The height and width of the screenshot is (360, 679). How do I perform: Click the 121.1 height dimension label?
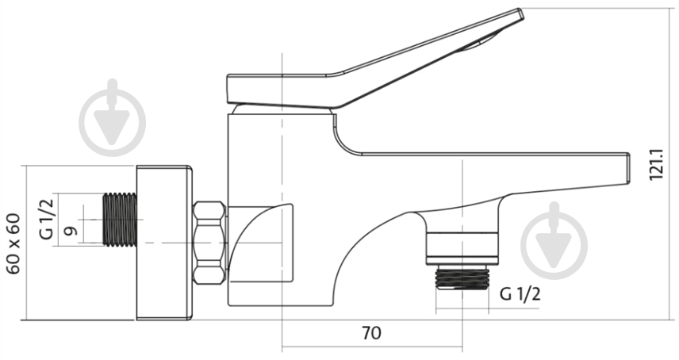[x=657, y=164]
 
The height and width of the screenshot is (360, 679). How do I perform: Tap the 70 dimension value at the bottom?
[x=371, y=333]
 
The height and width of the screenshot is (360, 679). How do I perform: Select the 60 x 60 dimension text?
[x=13, y=243]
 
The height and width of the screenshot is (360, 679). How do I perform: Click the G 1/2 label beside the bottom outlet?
[x=520, y=294]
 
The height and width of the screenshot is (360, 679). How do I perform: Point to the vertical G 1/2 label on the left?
[x=46, y=219]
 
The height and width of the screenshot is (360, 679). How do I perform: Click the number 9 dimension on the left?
[x=71, y=231]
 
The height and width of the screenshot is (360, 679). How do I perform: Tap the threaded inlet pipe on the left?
[x=121, y=220]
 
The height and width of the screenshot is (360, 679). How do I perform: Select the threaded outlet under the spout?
[x=462, y=278]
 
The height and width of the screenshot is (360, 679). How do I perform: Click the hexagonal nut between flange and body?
[x=209, y=243]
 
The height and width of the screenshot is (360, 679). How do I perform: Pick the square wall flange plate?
[x=164, y=243]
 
